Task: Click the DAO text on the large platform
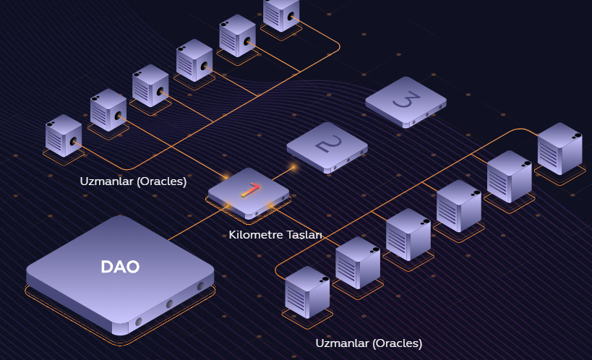(x=120, y=267)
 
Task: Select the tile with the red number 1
(x=248, y=193)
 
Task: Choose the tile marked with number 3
(x=405, y=101)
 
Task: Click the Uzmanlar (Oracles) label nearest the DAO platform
(x=133, y=181)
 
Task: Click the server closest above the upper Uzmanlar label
(x=64, y=135)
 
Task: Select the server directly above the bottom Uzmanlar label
(x=307, y=291)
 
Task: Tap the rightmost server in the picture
(x=559, y=148)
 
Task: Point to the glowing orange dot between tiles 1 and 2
(x=293, y=168)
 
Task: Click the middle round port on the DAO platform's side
(x=169, y=304)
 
